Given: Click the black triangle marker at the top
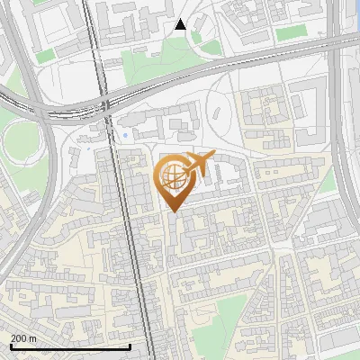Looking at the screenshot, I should click(x=180, y=24).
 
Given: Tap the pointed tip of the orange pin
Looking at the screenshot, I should click(x=172, y=211).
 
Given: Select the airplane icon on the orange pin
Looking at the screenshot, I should click(x=197, y=164).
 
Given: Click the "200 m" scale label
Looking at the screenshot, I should click(x=24, y=338).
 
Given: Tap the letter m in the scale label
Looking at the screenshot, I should click(x=32, y=338).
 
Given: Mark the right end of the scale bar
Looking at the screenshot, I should click(x=130, y=346).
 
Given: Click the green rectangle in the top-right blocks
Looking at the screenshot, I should click(x=290, y=33).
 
